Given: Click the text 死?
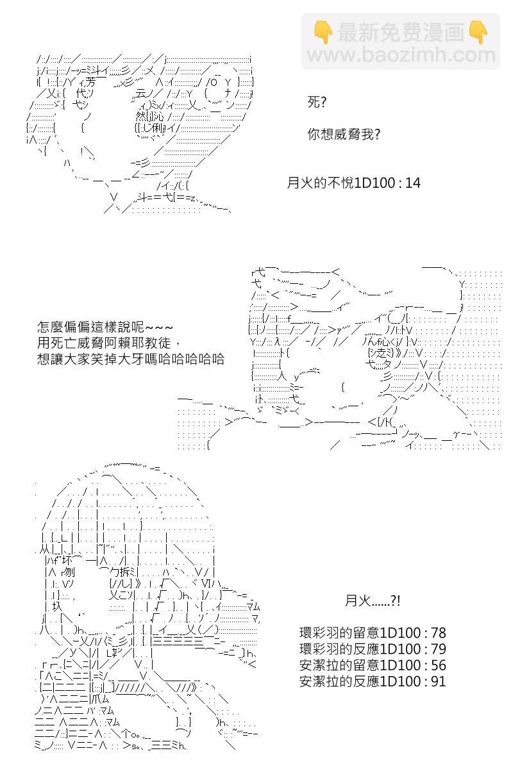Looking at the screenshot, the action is (317, 103).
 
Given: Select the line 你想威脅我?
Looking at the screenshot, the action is (344, 134).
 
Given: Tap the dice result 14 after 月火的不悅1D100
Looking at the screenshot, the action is (413, 183).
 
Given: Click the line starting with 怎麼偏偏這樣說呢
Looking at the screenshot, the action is (105, 327).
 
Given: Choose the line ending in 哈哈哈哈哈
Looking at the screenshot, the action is (131, 359).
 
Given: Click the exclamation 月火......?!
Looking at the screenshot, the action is (373, 601).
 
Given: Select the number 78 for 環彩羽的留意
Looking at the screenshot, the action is (438, 633).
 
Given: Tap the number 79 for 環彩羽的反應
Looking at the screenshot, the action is (438, 649).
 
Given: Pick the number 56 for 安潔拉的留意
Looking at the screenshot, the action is (438, 665).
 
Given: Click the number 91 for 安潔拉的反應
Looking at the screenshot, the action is (438, 681).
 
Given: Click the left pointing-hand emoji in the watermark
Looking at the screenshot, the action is (323, 32).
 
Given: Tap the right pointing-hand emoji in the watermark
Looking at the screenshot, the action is (478, 32).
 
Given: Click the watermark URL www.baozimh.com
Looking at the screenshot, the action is (401, 55).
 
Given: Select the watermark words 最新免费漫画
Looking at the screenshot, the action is (401, 32).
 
